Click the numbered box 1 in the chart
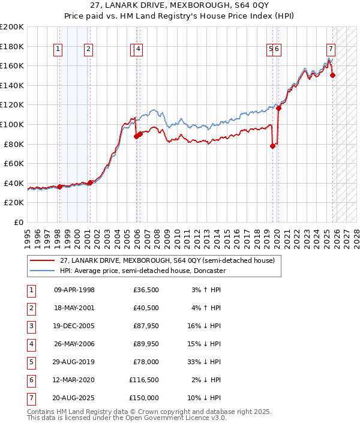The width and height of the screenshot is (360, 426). [x=59, y=50]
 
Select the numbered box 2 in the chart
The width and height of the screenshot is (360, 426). [x=88, y=50]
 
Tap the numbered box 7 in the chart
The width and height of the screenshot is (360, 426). [x=331, y=50]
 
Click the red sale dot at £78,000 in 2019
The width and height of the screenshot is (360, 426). [x=273, y=146]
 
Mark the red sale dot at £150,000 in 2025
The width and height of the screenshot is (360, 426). [x=333, y=75]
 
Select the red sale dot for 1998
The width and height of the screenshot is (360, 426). [x=59, y=187]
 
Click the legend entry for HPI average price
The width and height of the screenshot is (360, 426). [x=142, y=271]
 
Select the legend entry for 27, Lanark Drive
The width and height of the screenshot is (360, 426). [x=166, y=260]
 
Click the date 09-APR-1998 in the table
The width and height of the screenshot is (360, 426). [x=74, y=290]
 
